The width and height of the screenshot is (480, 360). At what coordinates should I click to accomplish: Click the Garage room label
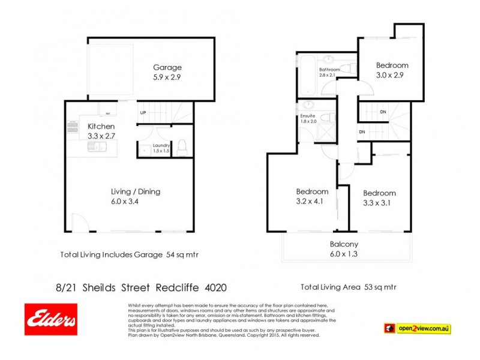[167, 68]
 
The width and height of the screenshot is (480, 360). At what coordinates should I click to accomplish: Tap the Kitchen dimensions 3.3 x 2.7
[101, 136]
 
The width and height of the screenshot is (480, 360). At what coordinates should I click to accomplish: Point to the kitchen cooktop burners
[73, 127]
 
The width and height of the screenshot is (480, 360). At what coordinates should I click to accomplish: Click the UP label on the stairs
[143, 113]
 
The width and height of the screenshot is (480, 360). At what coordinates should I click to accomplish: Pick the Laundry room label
[161, 145]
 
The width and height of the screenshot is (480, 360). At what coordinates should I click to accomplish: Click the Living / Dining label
[136, 192]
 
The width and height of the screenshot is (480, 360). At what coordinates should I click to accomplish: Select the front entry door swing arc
[77, 224]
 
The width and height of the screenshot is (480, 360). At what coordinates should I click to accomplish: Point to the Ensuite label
[308, 116]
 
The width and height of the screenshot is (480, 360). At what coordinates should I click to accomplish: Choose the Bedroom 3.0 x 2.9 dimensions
[392, 75]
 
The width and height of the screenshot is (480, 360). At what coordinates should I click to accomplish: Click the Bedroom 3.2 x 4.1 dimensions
[312, 202]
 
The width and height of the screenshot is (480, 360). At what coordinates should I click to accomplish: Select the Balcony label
[344, 244]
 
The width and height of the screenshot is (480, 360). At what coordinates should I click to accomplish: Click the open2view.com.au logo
[417, 328]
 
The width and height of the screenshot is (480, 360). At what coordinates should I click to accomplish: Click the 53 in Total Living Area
[370, 287]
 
